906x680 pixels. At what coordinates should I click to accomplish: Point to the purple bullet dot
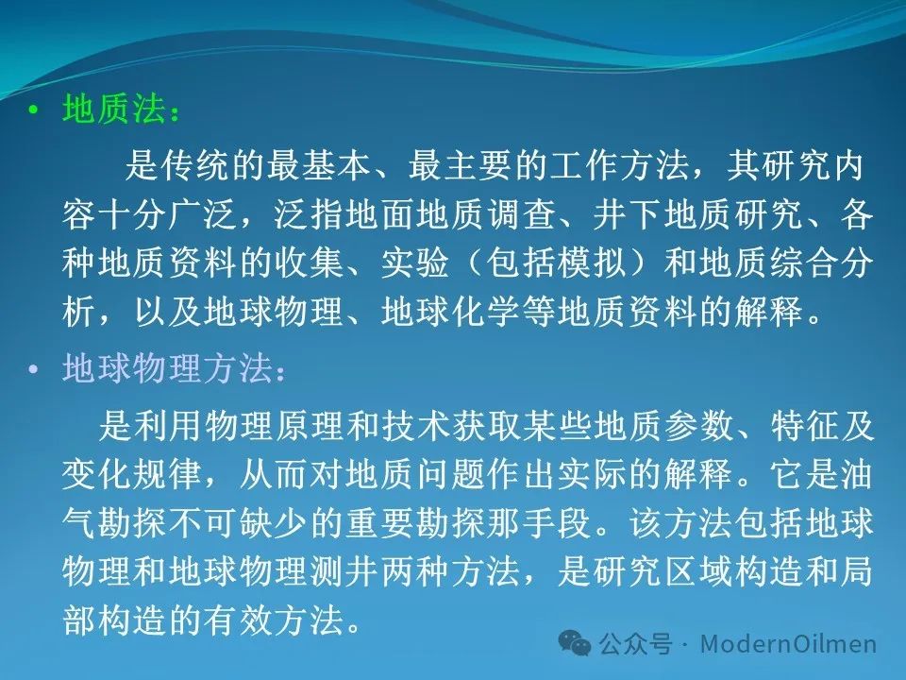pyautogui.click(x=33, y=368)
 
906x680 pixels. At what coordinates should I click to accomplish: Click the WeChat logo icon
pyautogui.click(x=575, y=643)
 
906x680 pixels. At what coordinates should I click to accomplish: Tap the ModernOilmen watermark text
pyautogui.click(x=789, y=643)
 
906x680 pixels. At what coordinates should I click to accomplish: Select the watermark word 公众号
pyautogui.click(x=635, y=643)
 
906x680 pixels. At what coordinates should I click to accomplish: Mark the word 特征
pyautogui.click(x=804, y=426)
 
